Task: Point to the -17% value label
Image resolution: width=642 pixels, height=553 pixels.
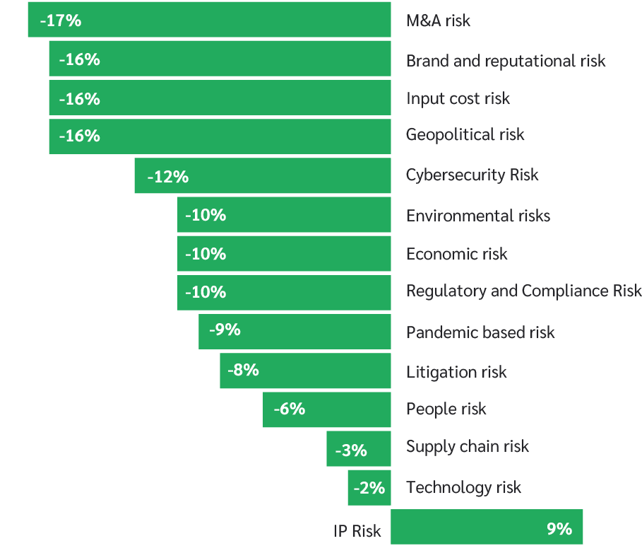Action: (x=61, y=21)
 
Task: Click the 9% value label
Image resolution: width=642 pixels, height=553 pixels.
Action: (x=559, y=528)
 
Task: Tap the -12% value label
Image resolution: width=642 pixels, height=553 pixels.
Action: (x=167, y=177)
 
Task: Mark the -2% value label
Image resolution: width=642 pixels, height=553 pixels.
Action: (x=369, y=488)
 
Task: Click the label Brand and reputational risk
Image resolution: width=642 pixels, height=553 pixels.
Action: (x=506, y=61)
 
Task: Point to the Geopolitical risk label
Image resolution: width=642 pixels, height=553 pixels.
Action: (x=465, y=134)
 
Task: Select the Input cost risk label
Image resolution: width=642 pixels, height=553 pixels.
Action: (x=458, y=98)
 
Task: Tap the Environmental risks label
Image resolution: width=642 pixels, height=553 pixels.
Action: (x=477, y=216)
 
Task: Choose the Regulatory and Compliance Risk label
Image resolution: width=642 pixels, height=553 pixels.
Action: (x=523, y=291)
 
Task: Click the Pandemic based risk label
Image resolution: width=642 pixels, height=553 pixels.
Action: (x=480, y=332)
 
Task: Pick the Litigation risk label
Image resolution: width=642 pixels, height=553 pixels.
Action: (x=456, y=372)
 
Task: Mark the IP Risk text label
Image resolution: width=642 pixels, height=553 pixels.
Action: (x=357, y=531)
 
